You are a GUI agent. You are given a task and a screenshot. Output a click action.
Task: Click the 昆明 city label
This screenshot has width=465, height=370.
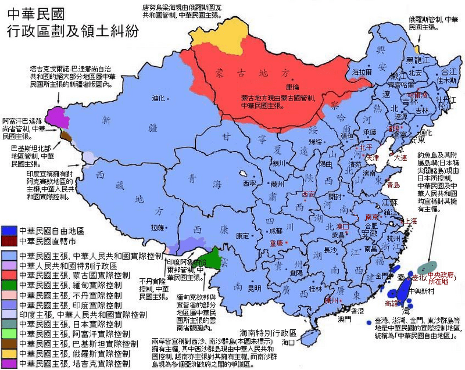coord(255,288)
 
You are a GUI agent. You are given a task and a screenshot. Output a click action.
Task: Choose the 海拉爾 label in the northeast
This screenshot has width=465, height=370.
coord(362,71)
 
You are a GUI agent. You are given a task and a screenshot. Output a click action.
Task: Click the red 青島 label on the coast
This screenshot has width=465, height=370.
coord(394,184)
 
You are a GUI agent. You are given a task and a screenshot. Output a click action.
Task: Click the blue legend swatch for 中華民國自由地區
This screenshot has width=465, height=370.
coord(9,231)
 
